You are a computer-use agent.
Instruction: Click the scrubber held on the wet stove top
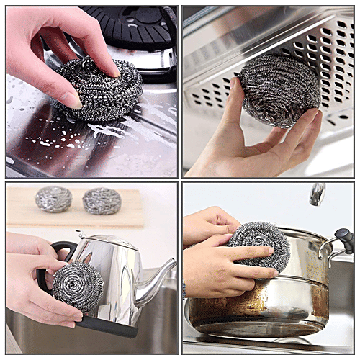click(98, 91)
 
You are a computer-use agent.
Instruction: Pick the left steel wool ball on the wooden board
click(53, 199)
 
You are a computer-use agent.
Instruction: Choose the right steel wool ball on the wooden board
click(101, 201)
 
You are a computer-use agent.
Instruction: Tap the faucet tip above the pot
click(317, 194)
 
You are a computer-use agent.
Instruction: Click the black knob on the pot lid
click(344, 238)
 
